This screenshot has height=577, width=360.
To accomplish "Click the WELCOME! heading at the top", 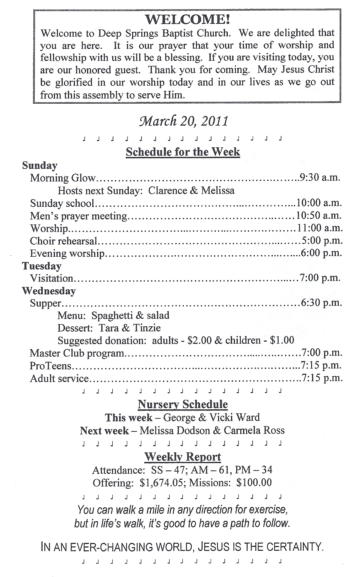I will [x=187, y=20].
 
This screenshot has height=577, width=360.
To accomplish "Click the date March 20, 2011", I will [x=184, y=121].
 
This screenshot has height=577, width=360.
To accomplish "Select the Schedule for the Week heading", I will [x=183, y=152].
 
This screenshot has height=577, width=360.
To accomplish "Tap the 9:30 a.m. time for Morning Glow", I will [x=320, y=178].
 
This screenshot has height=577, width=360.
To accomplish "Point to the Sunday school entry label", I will [x=62, y=203].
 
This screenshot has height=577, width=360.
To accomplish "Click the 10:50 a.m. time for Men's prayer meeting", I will [x=318, y=216].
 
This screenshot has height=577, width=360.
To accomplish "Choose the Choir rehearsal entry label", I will [x=63, y=241].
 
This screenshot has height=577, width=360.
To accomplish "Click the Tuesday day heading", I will [x=42, y=266].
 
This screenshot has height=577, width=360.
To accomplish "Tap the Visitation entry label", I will [x=52, y=278].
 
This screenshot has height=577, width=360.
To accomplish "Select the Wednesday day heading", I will [x=49, y=291].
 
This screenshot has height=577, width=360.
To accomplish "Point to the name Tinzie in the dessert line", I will [x=147, y=328].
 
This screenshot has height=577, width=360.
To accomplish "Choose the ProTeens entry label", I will [x=51, y=365].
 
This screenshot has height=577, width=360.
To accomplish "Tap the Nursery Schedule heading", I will [x=183, y=404].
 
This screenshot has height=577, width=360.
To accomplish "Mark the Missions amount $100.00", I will [x=254, y=483].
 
